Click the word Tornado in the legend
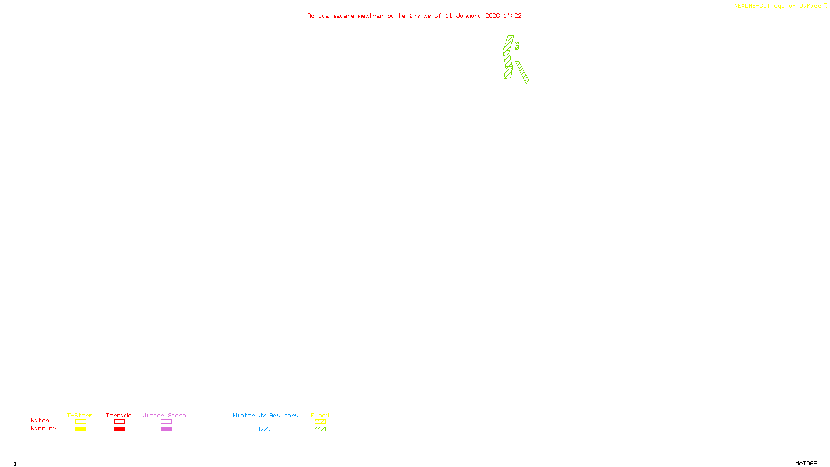119,415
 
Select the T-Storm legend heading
80,415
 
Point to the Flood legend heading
320,415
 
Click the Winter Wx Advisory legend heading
266,415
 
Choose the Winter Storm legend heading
164,415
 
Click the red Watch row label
40,420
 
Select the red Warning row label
44,429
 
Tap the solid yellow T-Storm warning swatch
80,429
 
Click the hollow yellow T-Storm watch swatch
80,422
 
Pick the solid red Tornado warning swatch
119,429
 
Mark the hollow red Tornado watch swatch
119,422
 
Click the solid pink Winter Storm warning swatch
166,429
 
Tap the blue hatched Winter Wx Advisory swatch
265,429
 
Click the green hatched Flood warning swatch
320,429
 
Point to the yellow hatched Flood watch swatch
320,422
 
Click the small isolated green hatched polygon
517,46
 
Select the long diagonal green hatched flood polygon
522,73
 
